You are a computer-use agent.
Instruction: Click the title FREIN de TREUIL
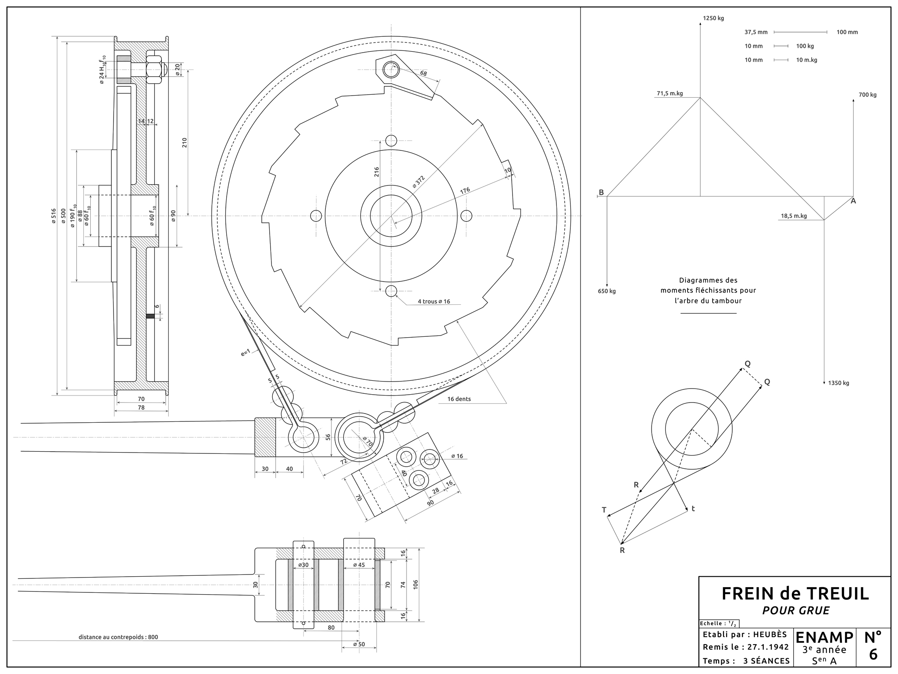click(x=795, y=593)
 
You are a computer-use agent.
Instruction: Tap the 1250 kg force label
click(x=713, y=18)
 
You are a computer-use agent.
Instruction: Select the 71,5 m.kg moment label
click(x=670, y=93)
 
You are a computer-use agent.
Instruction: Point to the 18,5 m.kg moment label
click(x=794, y=216)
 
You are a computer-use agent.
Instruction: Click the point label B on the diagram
click(x=601, y=193)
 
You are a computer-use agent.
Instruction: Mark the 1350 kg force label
click(x=838, y=383)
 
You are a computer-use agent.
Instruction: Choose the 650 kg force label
click(x=607, y=291)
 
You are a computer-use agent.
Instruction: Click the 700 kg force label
click(x=867, y=95)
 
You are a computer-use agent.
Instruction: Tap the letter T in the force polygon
click(x=604, y=510)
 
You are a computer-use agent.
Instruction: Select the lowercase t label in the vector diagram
click(x=693, y=509)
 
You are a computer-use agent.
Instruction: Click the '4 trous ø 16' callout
click(x=434, y=302)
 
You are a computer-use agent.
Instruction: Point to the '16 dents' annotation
click(x=459, y=399)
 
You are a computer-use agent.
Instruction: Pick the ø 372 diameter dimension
click(x=419, y=182)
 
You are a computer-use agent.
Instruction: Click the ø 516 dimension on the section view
click(x=53, y=216)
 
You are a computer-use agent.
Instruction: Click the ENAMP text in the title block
click(x=824, y=638)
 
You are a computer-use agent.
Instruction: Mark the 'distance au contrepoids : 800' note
click(x=118, y=637)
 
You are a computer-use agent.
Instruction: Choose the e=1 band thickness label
click(x=246, y=352)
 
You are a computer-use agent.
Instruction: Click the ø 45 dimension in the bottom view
click(x=359, y=565)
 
